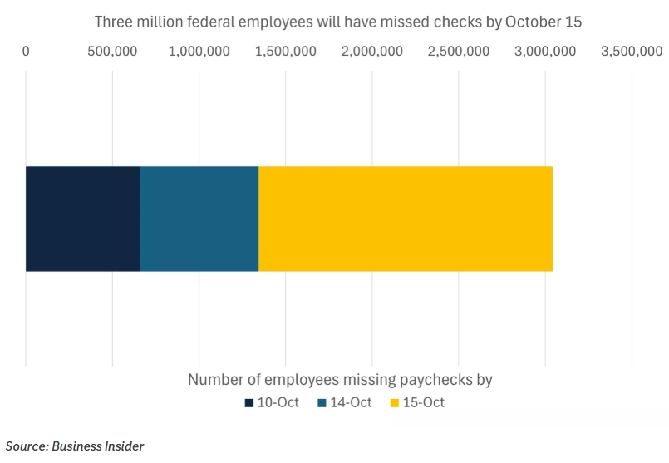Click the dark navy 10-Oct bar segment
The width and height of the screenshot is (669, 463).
[x=82, y=219]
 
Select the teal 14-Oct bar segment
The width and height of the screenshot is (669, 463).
[x=199, y=219]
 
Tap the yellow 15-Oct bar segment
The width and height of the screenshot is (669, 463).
[x=406, y=219]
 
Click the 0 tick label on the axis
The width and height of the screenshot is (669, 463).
[x=26, y=52]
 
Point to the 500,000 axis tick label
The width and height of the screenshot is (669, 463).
[x=112, y=52]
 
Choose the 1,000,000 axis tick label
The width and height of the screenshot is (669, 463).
[x=199, y=52]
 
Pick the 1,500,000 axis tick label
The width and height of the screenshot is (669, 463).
[x=285, y=52]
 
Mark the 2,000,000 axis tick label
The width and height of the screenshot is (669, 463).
[x=372, y=52]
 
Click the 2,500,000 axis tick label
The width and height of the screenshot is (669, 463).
[x=459, y=52]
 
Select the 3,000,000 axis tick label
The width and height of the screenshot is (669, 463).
[x=545, y=52]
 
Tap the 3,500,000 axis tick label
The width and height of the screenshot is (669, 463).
[x=632, y=52]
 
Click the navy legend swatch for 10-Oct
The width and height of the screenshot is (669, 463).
[x=248, y=403]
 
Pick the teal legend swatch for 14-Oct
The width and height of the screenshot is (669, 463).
[x=322, y=403]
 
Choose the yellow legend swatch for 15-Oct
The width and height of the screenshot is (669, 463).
[x=395, y=403]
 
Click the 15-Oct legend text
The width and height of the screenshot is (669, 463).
[x=424, y=403]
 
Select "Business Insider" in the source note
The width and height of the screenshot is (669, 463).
[x=98, y=446]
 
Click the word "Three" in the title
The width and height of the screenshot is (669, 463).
[x=114, y=22]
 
